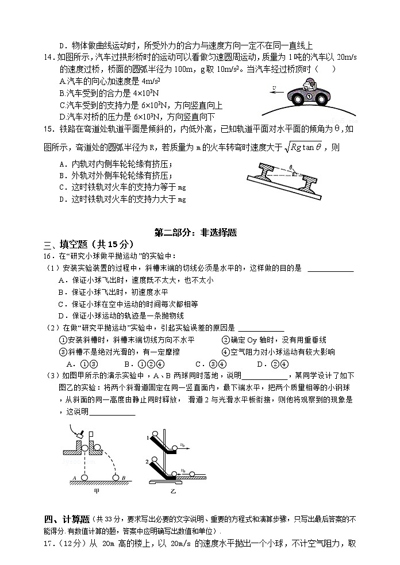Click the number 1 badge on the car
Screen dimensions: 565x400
(x=308, y=97)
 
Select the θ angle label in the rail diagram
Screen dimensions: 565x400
(x=291, y=167)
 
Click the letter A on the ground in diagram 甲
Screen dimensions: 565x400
(x=75, y=477)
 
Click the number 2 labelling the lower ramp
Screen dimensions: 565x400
(x=148, y=462)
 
